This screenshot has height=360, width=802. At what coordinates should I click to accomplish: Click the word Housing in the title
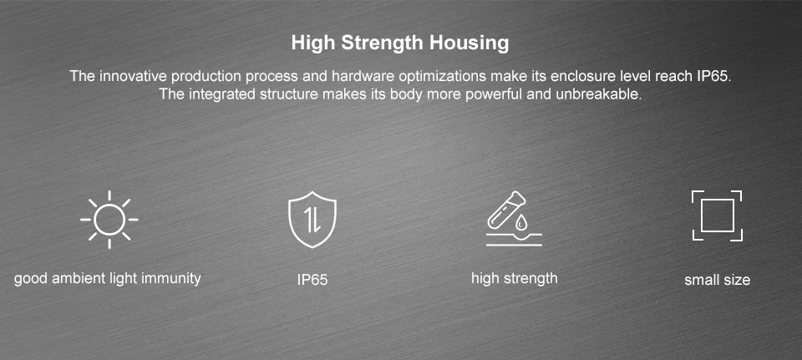click(469, 43)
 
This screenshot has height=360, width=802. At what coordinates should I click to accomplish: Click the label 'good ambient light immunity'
click(108, 279)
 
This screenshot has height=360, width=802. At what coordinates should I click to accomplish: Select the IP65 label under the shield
click(312, 280)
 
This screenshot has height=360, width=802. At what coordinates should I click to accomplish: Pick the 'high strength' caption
click(514, 279)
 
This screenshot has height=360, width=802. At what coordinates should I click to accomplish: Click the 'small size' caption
click(717, 280)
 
